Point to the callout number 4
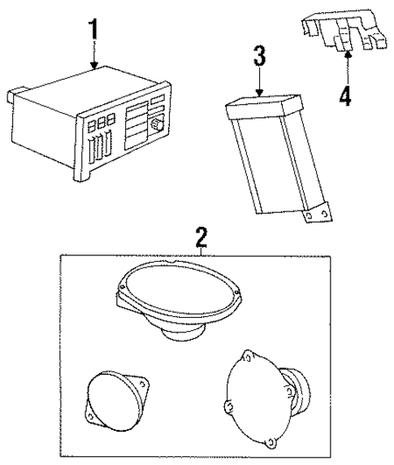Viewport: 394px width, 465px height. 345,96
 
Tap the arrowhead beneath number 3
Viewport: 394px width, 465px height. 258,93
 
